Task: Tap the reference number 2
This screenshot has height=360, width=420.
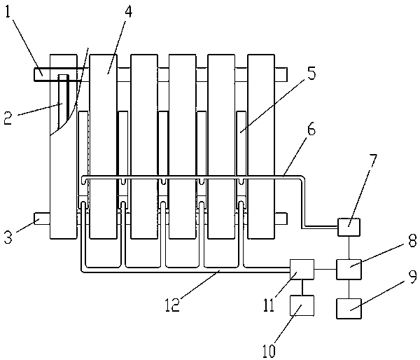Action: pyautogui.click(x=8, y=118)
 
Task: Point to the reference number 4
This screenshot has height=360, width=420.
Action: pyautogui.click(x=128, y=11)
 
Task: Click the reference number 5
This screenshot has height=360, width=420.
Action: pyautogui.click(x=311, y=73)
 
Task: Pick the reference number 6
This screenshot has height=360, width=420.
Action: pyautogui.click(x=311, y=130)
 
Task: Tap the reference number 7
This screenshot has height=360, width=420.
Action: pyautogui.click(x=372, y=162)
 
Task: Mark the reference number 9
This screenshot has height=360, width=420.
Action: pyautogui.click(x=412, y=277)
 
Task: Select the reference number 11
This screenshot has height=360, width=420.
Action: pyautogui.click(x=269, y=305)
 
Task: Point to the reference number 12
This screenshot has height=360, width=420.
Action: pyautogui.click(x=172, y=305)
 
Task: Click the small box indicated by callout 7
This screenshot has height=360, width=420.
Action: pyautogui.click(x=349, y=228)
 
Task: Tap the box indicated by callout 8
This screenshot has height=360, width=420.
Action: pyautogui.click(x=349, y=270)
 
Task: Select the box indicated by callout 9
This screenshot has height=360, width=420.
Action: pyautogui.click(x=349, y=309)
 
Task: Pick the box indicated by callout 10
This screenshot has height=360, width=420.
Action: pyautogui.click(x=302, y=305)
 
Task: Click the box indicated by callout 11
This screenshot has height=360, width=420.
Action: pyautogui.click(x=302, y=270)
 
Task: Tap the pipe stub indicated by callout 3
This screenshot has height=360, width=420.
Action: pyautogui.click(x=42, y=219)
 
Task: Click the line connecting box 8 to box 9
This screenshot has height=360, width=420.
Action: pyautogui.click(x=349, y=289)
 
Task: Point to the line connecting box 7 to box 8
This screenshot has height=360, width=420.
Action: pyautogui.click(x=349, y=248)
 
